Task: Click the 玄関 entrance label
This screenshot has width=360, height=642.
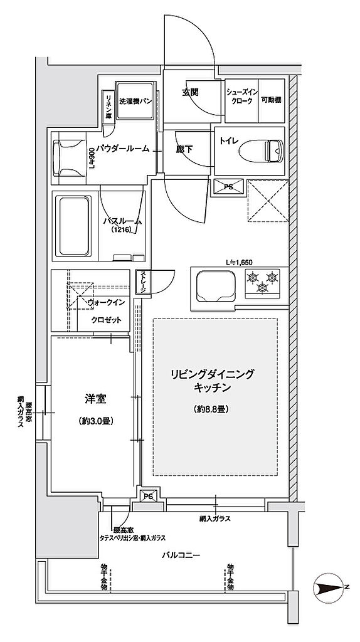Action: tap(191, 92)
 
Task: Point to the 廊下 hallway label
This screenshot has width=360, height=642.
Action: tap(184, 150)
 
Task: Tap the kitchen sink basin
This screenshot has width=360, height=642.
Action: tap(215, 285)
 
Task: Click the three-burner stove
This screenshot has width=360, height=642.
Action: tap(262, 282)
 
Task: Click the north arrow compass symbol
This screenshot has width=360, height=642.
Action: tap(331, 587)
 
